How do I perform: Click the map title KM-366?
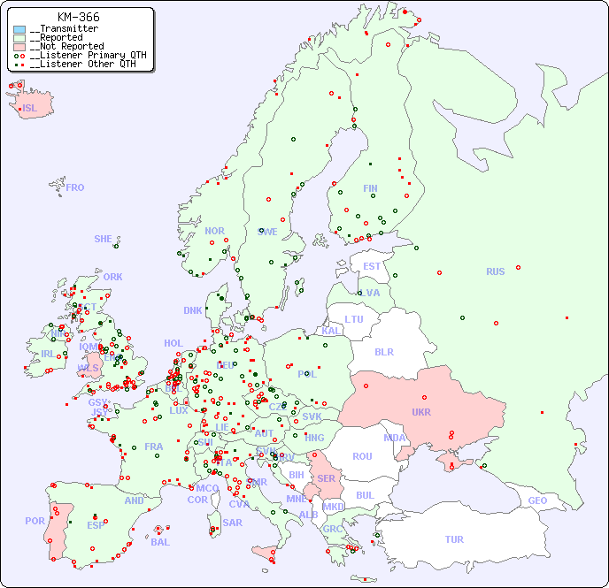tap(78, 17)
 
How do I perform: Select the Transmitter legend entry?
tap(65, 28)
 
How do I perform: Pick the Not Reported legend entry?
tap(66, 46)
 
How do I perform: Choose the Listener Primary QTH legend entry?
tap(85, 55)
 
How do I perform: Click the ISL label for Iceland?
tap(29, 109)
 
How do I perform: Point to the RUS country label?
tap(495, 271)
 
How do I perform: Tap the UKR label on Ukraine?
tap(421, 412)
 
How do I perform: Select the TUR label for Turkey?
tap(454, 539)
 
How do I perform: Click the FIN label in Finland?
tap(370, 188)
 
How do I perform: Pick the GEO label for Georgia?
tap(537, 500)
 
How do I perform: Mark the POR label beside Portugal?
tap(35, 521)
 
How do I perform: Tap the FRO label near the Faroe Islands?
tap(74, 187)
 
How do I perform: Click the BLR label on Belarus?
tap(384, 351)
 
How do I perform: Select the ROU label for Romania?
tap(362, 456)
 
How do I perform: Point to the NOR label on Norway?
tap(214, 231)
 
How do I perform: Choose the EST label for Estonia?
tap(372, 266)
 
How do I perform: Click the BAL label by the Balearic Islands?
tap(159, 542)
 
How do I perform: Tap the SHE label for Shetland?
tap(103, 239)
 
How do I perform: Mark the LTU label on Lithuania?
tap(354, 319)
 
